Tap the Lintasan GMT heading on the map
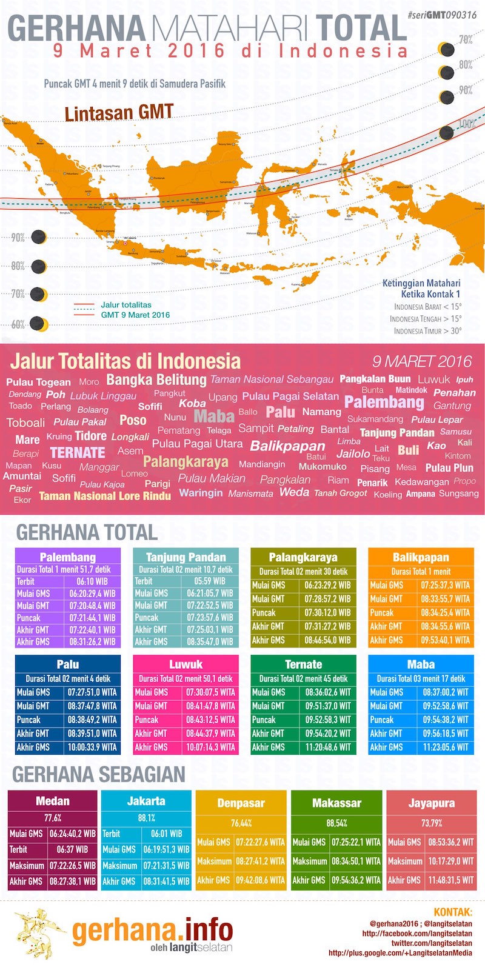click(119, 113)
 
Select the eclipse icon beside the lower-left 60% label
click(38, 324)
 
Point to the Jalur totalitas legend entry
click(126, 305)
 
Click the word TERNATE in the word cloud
click(78, 453)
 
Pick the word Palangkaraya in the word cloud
click(186, 462)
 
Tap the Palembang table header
click(68, 557)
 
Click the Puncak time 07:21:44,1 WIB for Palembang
click(92, 618)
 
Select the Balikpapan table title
click(421, 557)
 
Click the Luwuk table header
click(186, 664)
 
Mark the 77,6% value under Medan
click(53, 817)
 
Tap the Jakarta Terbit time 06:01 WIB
click(167, 834)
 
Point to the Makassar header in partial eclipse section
click(336, 803)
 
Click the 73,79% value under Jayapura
click(431, 823)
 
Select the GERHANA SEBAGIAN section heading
click(99, 774)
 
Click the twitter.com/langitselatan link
click(431, 943)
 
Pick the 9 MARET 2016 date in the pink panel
click(422, 362)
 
